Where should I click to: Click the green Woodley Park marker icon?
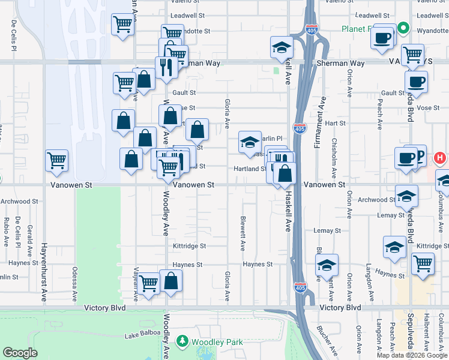pos(183,341)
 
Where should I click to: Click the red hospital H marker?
pos(440,158)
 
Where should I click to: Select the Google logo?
pos(20,353)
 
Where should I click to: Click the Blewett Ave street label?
pos(243,233)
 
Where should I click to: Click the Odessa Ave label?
pos(76,284)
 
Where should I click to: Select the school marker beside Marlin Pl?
pos(250,142)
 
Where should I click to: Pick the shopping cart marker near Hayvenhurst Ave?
pos(57,160)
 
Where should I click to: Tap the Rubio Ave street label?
pos(5,231)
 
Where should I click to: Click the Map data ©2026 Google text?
pos(412,355)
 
